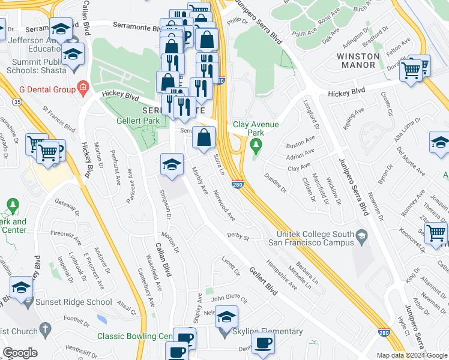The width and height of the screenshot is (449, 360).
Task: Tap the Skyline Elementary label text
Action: coord(268,332)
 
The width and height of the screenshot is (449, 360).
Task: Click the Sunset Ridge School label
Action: coord(73,302)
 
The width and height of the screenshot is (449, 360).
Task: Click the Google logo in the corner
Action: coord(20,353)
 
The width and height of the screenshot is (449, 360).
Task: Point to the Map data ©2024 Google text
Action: coord(412,355)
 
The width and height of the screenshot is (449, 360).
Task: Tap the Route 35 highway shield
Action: coord(19,103)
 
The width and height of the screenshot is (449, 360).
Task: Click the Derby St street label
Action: coord(238,238)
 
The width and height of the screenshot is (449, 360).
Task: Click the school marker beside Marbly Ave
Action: coord(172,165)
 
